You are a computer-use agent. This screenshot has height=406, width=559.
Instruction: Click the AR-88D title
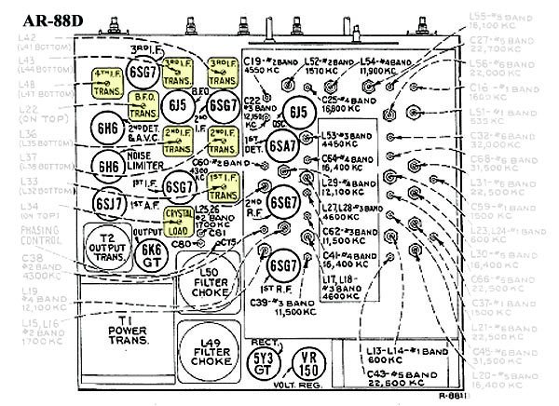[x=48, y=17]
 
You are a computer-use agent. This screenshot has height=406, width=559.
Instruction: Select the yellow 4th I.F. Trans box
[x=110, y=81]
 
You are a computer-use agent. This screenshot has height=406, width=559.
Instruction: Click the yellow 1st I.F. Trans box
[x=221, y=187]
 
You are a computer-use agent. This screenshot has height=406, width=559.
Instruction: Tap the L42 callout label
[x=32, y=41]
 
